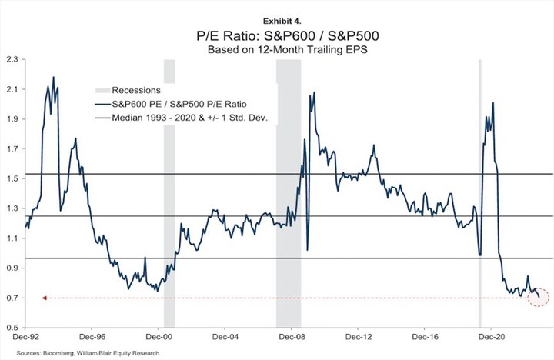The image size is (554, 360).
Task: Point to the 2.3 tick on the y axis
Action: pos(12,59)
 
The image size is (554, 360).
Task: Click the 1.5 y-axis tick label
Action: pos(12,178)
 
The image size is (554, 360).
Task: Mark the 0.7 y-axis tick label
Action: pos(12,298)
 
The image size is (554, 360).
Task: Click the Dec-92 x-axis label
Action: pos(26,336)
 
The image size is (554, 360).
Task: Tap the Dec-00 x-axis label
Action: pos(158,336)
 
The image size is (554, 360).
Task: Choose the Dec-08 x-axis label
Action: pos(289,336)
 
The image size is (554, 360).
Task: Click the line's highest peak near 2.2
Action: pos(53,77)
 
